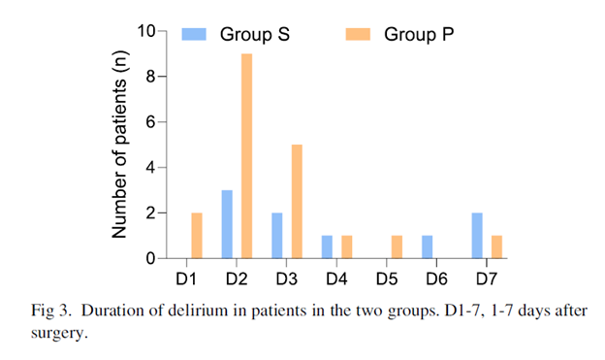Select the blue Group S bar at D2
[228, 224]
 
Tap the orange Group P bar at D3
[298, 201]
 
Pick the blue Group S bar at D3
[277, 236]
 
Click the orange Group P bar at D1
[198, 236]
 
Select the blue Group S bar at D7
[476, 236]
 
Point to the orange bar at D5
[398, 247]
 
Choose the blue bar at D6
[427, 247]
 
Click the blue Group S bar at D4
[327, 247]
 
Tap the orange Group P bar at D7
[496, 247]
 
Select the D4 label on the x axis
[336, 278]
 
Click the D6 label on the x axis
[436, 278]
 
